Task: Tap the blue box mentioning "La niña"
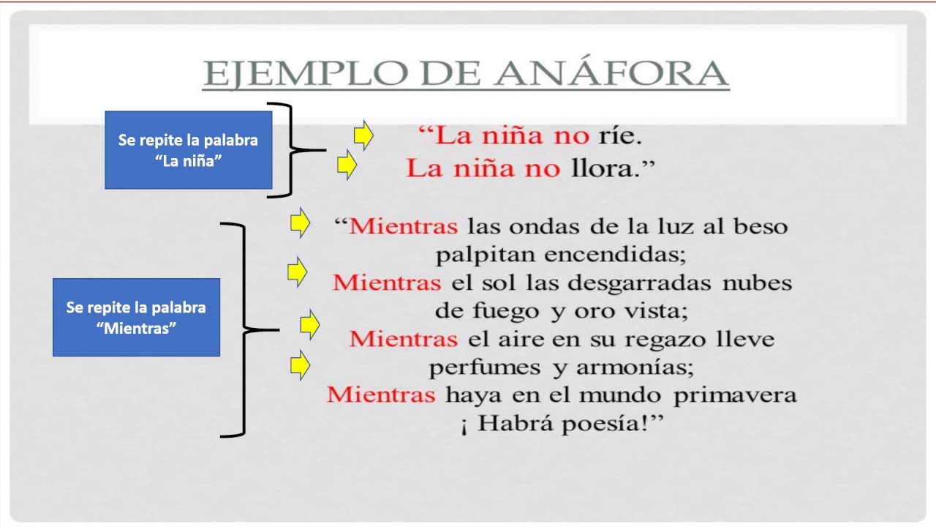point(189,150)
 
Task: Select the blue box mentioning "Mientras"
point(136,317)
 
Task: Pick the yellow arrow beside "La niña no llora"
point(347,165)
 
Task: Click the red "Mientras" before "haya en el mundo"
point(381,395)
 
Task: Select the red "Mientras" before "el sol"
point(387,283)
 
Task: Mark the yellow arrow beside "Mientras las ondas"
point(300,223)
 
